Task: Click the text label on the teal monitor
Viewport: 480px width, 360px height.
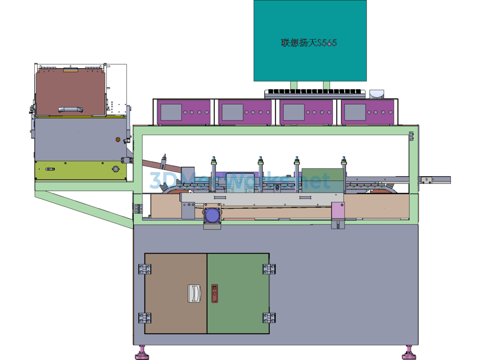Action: click(309, 43)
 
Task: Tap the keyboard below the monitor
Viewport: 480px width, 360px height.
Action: click(315, 93)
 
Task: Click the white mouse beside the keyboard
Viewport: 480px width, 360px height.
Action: click(377, 94)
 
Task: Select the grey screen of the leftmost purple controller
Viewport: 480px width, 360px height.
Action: click(171, 112)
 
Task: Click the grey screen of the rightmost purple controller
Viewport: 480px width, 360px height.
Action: click(355, 112)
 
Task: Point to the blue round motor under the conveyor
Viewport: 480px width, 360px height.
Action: click(212, 215)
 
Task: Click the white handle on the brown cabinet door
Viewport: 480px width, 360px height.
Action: click(194, 293)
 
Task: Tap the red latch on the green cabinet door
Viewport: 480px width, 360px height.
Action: click(215, 293)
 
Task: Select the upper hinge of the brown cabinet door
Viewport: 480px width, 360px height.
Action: click(144, 269)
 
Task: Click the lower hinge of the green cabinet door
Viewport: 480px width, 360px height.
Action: click(269, 318)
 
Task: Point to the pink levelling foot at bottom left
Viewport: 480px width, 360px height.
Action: click(142, 352)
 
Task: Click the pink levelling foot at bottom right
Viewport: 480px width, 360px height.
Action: click(409, 352)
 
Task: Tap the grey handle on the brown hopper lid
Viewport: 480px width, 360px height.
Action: click(71, 109)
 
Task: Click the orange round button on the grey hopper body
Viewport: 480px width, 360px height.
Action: click(118, 140)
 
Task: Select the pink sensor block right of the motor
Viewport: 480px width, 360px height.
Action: click(338, 210)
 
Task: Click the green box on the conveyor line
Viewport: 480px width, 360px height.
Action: click(322, 180)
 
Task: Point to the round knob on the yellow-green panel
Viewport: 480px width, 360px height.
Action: click(115, 169)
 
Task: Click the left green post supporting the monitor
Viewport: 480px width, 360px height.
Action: click(293, 85)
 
